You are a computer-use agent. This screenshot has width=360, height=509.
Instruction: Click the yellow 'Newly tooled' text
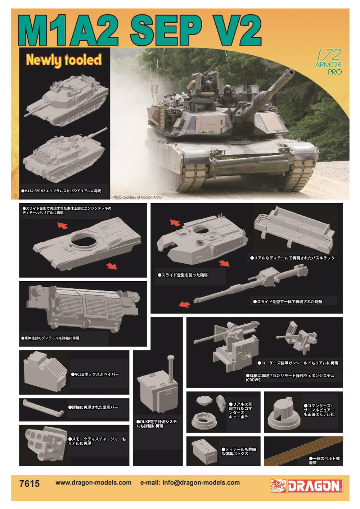click(x=64, y=60)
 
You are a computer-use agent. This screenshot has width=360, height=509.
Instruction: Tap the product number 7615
click(x=30, y=483)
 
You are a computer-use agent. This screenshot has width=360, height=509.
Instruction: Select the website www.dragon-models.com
click(x=93, y=483)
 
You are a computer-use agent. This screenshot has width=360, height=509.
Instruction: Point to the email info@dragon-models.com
click(x=190, y=483)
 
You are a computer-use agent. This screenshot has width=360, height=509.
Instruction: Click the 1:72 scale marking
click(x=329, y=55)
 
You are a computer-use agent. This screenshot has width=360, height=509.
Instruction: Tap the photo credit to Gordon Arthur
click(x=138, y=197)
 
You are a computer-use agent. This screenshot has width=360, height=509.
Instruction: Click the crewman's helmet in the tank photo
click(x=228, y=88)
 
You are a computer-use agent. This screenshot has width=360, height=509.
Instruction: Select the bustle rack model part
click(x=294, y=229)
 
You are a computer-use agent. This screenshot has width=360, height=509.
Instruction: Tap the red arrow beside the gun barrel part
click(x=184, y=304)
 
